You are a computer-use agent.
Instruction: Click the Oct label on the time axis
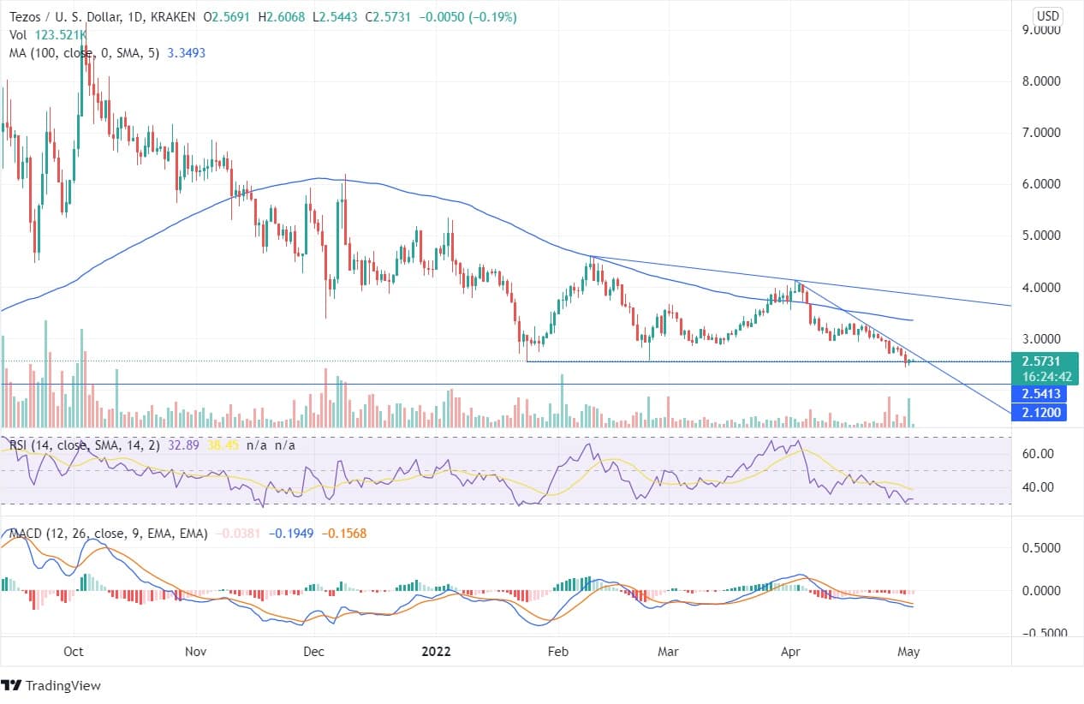pyautogui.click(x=74, y=651)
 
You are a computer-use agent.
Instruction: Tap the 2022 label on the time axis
pyautogui.click(x=436, y=651)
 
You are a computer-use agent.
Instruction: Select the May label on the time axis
pyautogui.click(x=908, y=651)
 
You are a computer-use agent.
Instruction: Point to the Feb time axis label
pyautogui.click(x=558, y=651)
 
